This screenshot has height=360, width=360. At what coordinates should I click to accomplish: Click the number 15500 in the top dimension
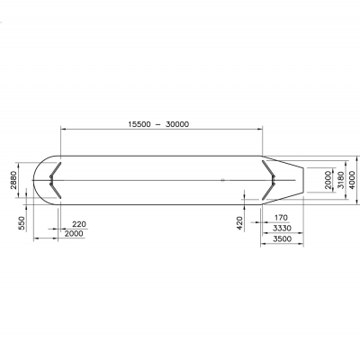[x=139, y=124]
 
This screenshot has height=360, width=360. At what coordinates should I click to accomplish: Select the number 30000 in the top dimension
[x=177, y=124]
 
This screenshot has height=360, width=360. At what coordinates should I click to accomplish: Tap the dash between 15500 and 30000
[x=157, y=124]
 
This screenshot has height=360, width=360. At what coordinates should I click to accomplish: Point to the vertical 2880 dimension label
[x=14, y=180]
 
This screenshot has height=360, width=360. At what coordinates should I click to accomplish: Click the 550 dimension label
[x=22, y=223]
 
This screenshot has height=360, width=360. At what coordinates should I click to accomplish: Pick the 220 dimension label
[x=79, y=224]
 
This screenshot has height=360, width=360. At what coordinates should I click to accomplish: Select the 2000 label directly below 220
[x=74, y=233]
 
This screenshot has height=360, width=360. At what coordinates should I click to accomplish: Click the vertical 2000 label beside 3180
[x=328, y=180]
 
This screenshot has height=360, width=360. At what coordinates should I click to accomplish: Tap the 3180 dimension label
[x=341, y=180]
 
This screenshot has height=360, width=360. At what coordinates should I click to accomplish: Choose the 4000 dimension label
[x=353, y=180]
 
